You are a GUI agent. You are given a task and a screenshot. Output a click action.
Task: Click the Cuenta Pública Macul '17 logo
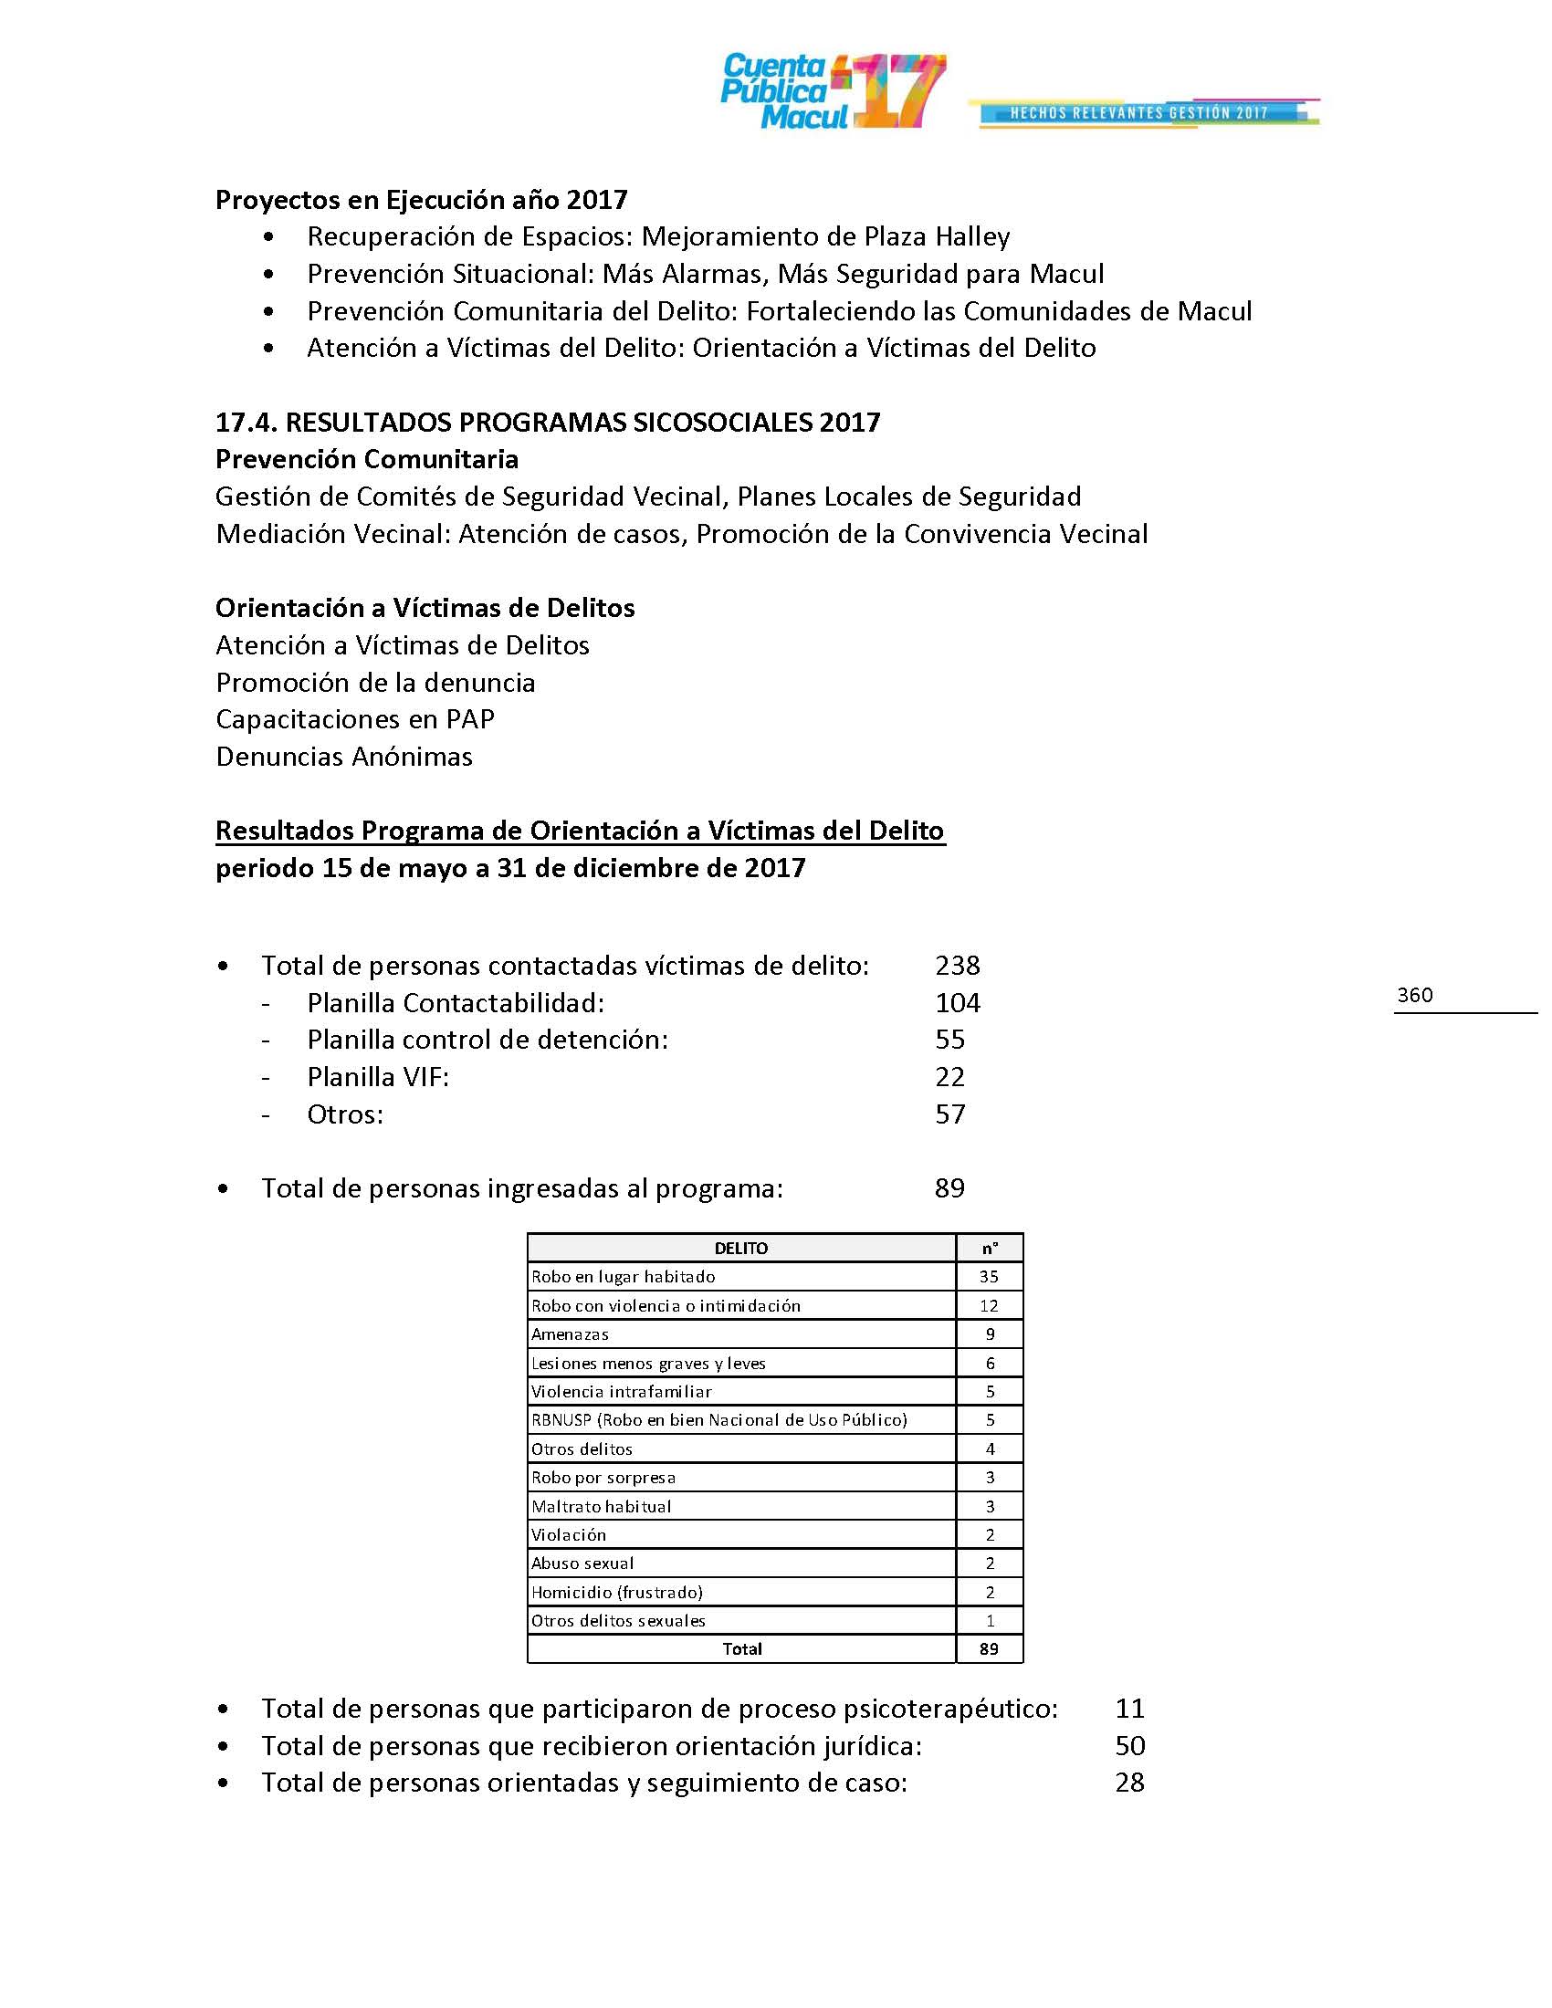coord(832,92)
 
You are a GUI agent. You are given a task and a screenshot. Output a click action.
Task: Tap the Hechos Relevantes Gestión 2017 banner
coord(1140,113)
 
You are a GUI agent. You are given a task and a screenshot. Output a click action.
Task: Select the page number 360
coord(1414,995)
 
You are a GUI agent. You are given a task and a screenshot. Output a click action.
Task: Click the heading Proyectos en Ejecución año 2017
coord(421,200)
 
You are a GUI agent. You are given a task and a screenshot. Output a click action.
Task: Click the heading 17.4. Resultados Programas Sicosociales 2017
coord(547,422)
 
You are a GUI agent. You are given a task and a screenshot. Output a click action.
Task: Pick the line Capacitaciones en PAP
coord(355,719)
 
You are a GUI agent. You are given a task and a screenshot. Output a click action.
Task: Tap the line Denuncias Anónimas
coord(344,757)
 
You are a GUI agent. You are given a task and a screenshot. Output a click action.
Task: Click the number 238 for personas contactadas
coord(957,966)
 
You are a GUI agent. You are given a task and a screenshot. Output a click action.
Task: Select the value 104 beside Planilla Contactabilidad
coord(957,1002)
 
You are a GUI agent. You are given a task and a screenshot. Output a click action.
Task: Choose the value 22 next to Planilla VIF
coord(949,1077)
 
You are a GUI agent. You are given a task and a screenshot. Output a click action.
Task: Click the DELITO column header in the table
coord(741,1249)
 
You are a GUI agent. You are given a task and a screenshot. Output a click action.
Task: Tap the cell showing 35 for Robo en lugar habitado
coord(990,1277)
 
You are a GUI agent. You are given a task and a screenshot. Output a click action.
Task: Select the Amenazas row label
coord(570,1334)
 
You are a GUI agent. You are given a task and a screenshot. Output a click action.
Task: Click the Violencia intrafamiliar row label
coord(622,1392)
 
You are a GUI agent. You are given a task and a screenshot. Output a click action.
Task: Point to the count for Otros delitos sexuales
coord(991,1621)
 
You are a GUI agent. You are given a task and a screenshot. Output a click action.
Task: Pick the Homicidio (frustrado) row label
coord(617,1593)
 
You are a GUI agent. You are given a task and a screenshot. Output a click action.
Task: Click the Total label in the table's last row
coord(742,1649)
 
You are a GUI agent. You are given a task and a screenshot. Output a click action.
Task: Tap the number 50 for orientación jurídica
coord(1129,1746)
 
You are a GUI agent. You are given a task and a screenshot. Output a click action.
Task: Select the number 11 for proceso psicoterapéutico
coord(1129,1709)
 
